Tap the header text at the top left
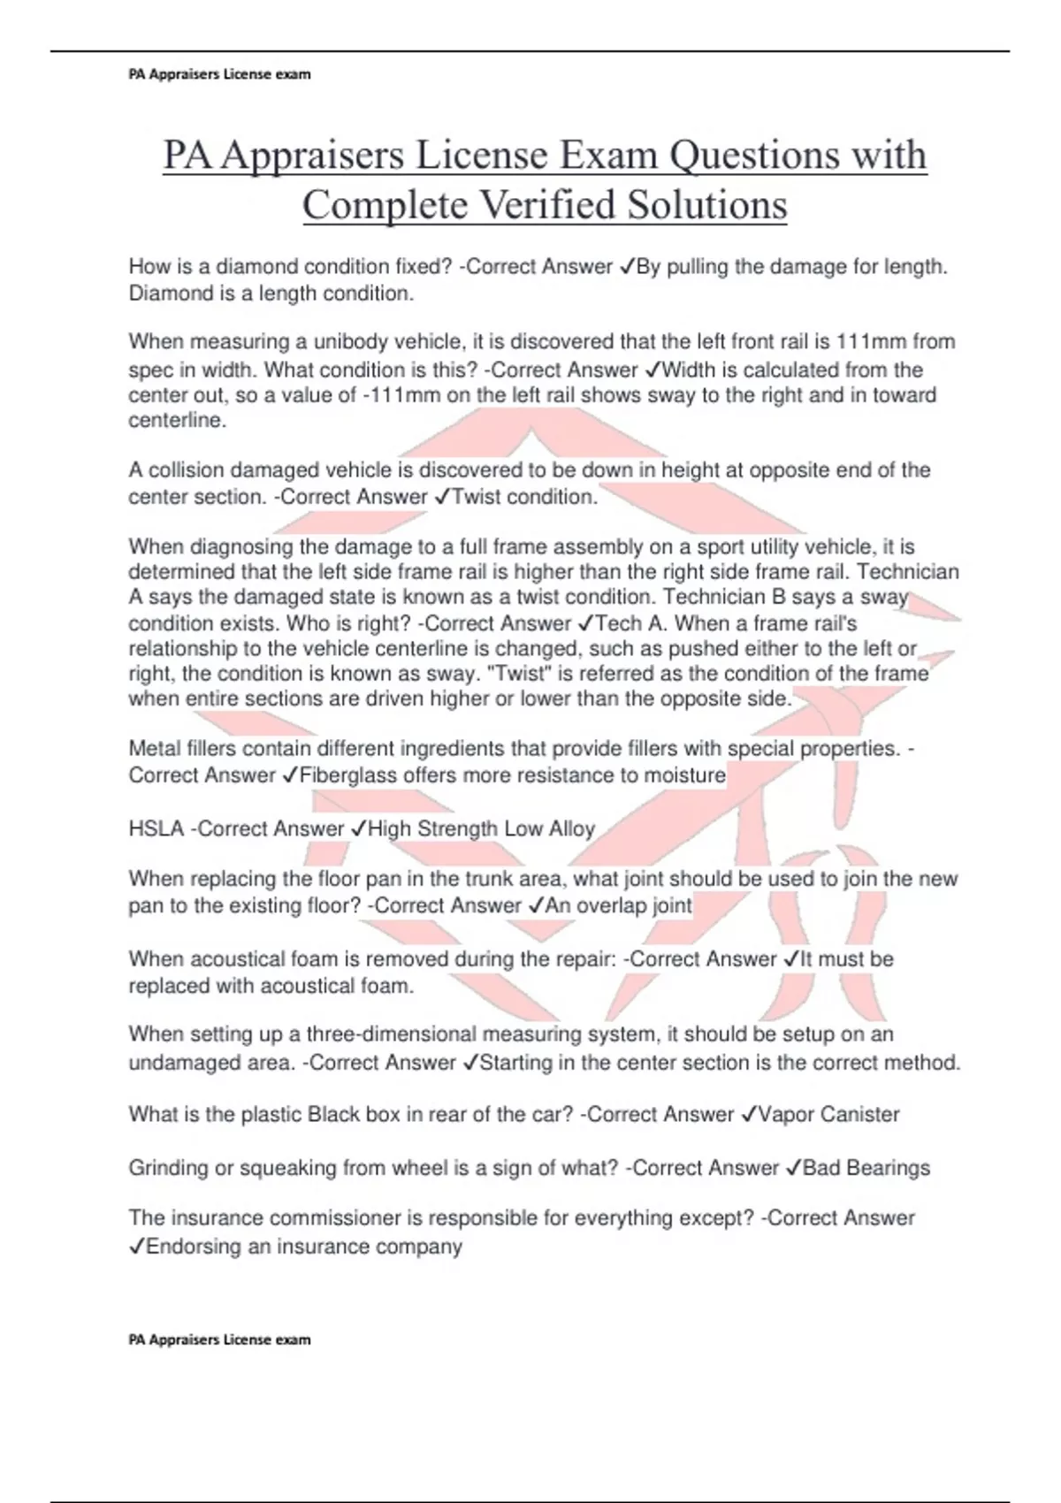point(219,74)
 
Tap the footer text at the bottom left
point(219,1339)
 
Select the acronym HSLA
point(156,829)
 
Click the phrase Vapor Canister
point(828,1114)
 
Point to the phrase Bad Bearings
point(866,1168)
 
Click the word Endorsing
point(191,1247)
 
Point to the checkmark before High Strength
point(358,829)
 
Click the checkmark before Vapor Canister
point(749,1114)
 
